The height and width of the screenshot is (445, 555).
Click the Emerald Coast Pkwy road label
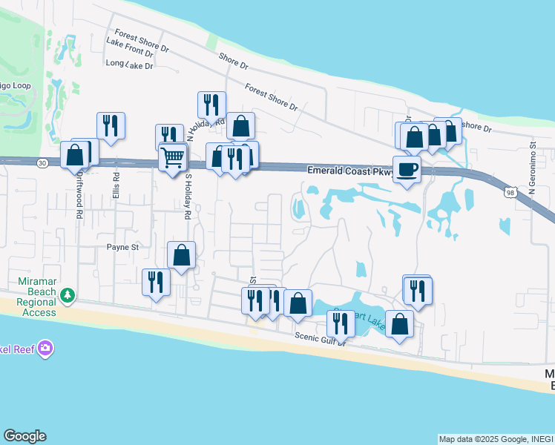click(349, 171)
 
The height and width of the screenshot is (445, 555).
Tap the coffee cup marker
click(407, 170)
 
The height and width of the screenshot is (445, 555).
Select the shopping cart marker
click(173, 157)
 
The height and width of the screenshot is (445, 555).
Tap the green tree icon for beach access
click(68, 296)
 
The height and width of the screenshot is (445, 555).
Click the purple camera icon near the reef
click(46, 347)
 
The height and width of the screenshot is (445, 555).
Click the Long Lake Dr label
click(129, 65)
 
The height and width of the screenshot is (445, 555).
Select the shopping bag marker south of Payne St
click(182, 257)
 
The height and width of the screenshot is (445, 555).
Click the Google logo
click(24, 436)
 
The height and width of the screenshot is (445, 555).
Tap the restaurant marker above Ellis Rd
click(111, 126)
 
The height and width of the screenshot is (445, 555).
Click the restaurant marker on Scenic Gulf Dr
click(341, 324)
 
